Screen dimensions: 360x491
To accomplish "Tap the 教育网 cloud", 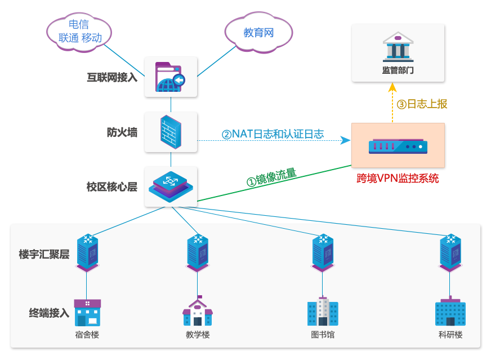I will (258, 33).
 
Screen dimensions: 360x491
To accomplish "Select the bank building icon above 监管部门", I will (398, 47).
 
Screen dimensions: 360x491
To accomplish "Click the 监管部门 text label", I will (398, 70).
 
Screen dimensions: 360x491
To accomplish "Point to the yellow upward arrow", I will (392, 101).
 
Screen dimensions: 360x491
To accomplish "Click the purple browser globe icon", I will (171, 77).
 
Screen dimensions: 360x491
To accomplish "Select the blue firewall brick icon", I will (171, 132).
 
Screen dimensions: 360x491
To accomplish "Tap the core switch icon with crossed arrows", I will (171, 186).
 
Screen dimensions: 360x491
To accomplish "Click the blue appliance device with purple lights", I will (398, 146).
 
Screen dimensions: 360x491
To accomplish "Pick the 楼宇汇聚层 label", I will (44, 255).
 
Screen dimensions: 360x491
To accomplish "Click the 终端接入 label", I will (50, 313).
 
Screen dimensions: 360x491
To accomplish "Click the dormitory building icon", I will (87, 313).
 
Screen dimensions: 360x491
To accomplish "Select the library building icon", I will (323, 312).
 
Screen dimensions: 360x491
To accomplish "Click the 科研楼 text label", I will (450, 335).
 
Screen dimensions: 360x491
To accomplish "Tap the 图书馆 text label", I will (323, 335).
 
